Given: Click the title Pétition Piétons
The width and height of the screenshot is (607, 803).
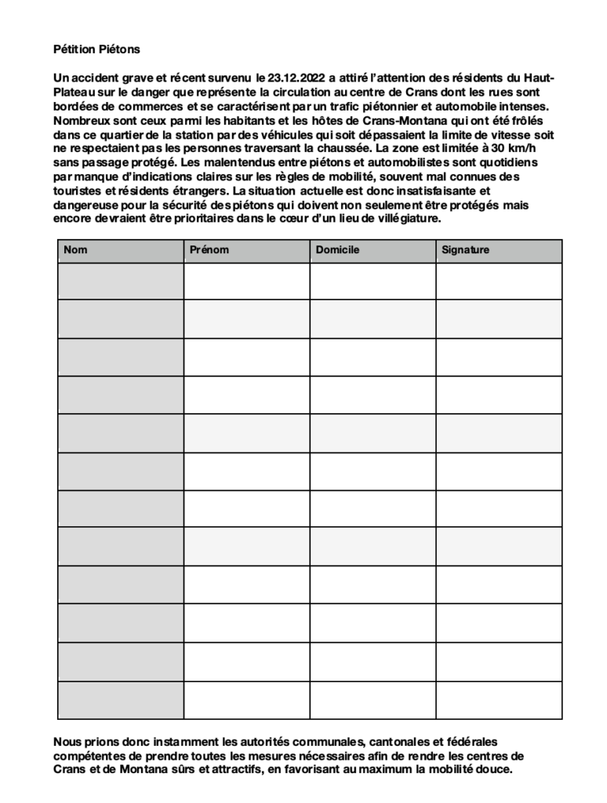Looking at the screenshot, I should tap(96, 49).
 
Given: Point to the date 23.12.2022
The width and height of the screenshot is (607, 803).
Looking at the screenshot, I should tap(293, 78).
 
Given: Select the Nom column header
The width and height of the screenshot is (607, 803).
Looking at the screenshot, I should tap(75, 250).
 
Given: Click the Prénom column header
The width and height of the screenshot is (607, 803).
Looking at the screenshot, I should tap(209, 250).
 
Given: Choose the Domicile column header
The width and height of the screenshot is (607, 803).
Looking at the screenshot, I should tap(337, 250).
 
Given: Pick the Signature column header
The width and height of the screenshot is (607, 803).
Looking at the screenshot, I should tap(465, 250).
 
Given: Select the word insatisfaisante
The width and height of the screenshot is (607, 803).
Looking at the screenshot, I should tap(428, 191).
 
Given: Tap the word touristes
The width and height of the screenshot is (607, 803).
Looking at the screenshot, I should tap(78, 191).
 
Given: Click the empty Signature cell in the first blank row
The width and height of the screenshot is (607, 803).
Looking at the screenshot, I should tap(499, 281).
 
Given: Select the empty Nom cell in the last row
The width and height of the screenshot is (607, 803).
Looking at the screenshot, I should tap(121, 700).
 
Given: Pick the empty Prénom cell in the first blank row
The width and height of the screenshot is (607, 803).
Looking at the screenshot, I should tap(247, 281).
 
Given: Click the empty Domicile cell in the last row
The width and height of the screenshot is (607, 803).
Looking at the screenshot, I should tap(373, 700).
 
